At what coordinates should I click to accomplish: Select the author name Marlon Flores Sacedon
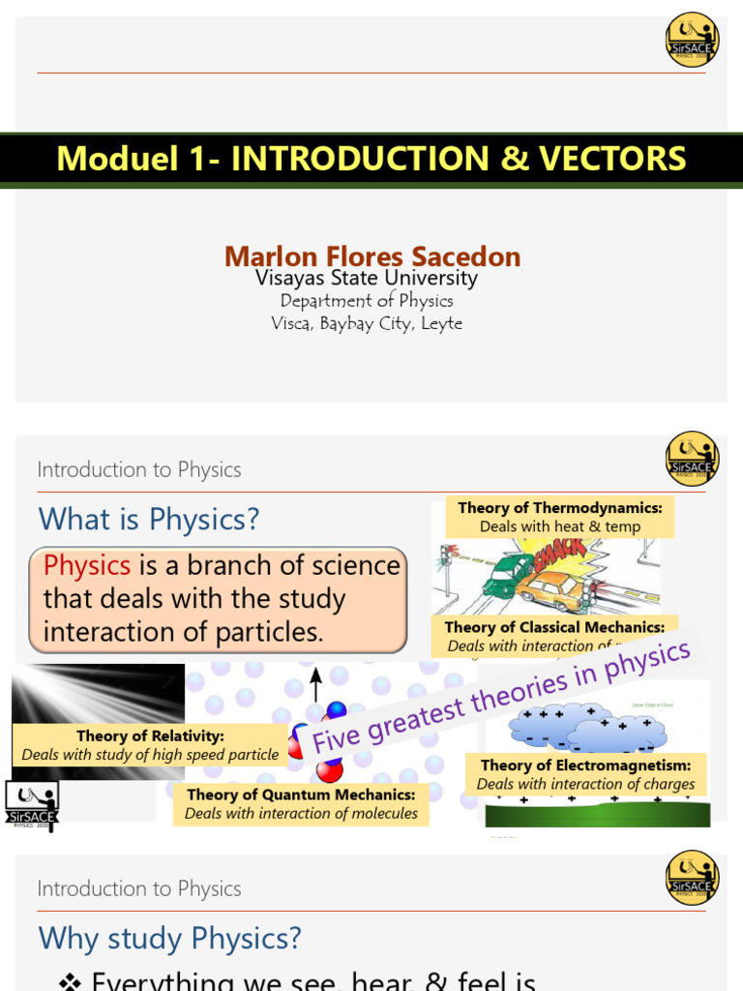tap(372, 256)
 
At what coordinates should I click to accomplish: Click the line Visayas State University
tap(366, 279)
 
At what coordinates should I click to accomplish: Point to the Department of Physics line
tap(366, 301)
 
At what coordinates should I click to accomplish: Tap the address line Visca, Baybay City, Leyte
tap(366, 323)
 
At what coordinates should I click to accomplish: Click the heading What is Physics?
tap(149, 520)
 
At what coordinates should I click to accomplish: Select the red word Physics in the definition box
tap(87, 566)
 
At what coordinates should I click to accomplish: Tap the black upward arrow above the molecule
tap(315, 686)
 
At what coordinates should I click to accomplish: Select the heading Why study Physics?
tap(169, 938)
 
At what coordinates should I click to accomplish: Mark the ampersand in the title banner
tap(509, 159)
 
